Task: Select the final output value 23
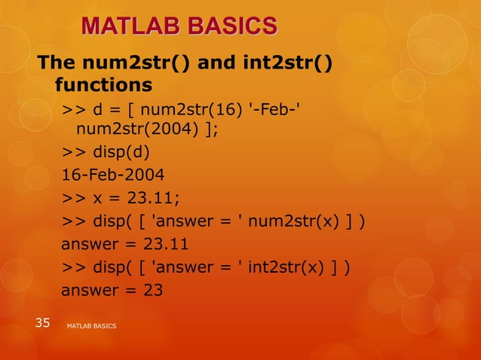click(152, 290)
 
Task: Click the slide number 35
click(42, 324)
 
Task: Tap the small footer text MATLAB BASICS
click(91, 325)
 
